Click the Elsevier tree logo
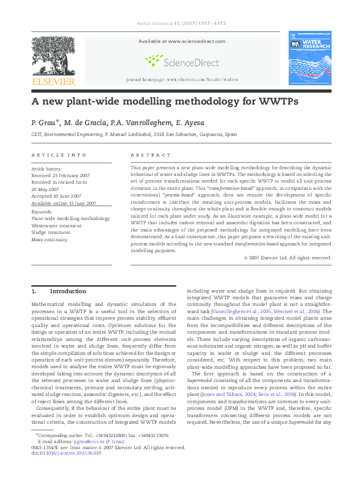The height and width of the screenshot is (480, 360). [53, 55]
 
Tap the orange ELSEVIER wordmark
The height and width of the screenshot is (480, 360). [53, 82]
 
